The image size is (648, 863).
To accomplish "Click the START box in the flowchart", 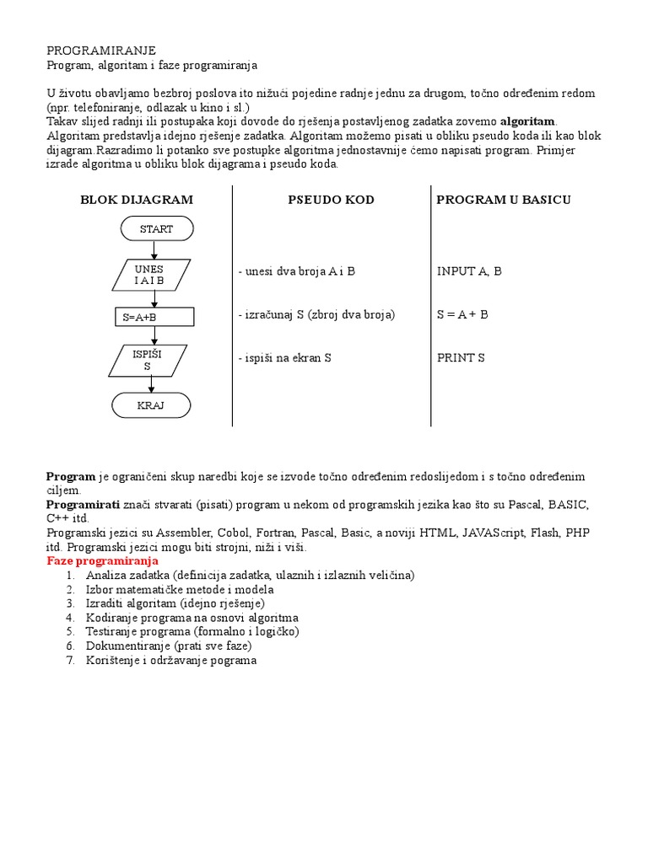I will pos(157,228).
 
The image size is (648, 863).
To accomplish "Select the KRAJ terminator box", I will pos(151,405).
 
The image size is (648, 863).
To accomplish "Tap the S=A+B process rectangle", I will pos(154,316).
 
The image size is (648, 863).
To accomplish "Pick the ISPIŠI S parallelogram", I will pos(148,360).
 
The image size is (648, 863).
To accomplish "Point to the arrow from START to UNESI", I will pos(153,249).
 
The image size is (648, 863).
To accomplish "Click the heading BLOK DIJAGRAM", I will pos(137,200).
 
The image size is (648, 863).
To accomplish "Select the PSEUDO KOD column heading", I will pos(331,200).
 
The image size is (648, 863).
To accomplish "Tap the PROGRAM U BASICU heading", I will pos(504,200).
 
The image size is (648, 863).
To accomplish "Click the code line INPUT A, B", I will pos(469,271).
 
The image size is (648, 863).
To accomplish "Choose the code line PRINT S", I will pos(461,358).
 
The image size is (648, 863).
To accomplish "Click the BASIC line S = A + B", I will pos(462,314).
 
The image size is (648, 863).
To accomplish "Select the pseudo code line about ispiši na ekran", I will pos(284,358).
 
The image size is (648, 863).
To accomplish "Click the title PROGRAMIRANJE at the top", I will pos(101,51).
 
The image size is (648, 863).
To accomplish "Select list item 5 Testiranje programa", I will pos(192,631).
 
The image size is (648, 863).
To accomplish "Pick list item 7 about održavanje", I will pos(170,660).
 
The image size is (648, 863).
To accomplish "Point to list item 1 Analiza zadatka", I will pos(250,575).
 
